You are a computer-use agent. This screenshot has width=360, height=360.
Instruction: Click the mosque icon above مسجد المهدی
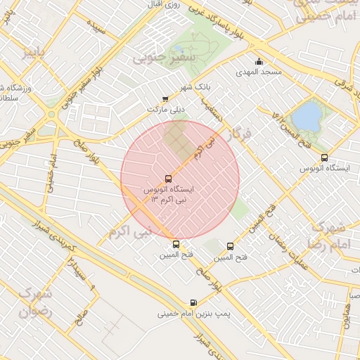[259, 60]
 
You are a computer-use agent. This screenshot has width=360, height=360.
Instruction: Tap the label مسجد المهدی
[259, 72]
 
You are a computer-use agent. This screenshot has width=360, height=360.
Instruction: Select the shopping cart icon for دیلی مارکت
[165, 100]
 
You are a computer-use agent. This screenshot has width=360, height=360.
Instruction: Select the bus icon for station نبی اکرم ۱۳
[168, 179]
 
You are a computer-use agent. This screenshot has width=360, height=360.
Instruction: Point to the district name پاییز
[37, 53]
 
